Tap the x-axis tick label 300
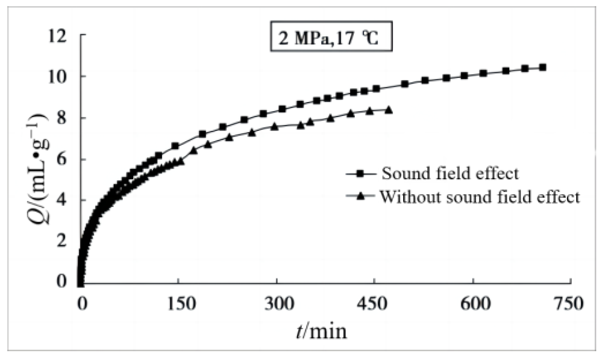point(276,304)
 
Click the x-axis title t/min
point(321,330)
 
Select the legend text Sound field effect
point(450,173)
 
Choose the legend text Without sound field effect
point(480,197)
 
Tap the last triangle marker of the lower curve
point(389,110)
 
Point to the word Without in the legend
point(406,197)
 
